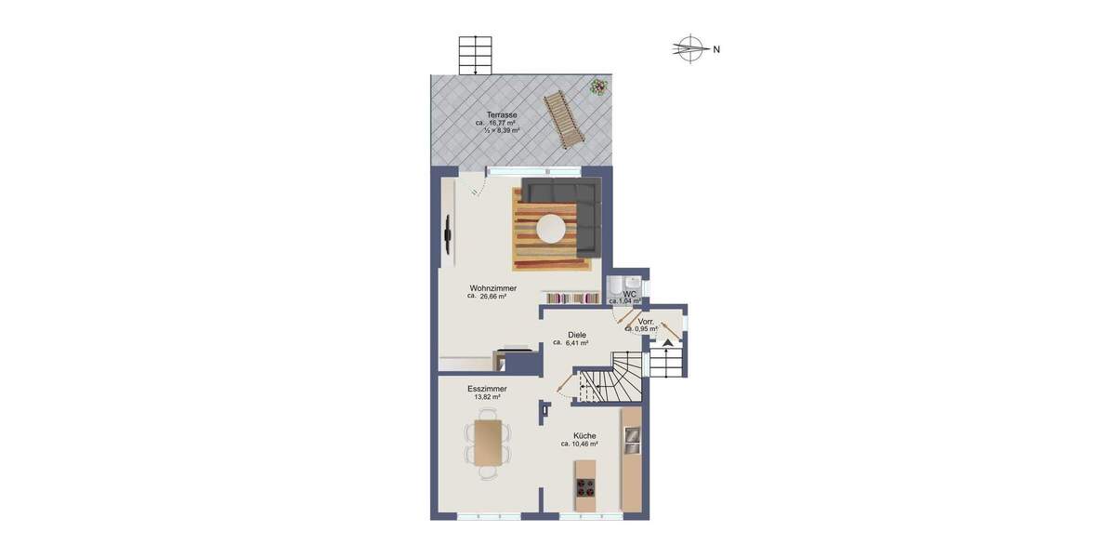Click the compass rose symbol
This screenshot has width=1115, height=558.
[689, 48]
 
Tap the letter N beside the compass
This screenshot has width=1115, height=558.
[716, 49]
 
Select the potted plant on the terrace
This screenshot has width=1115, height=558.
[597, 87]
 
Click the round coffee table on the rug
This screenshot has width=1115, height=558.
[552, 228]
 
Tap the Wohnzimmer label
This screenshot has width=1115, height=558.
[492, 288]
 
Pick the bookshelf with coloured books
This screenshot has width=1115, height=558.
[572, 299]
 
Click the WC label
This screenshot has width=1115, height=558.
[629, 294]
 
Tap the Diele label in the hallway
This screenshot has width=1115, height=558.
[577, 334]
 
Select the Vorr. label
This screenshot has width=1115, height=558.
[646, 321]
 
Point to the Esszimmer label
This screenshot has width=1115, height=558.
[486, 388]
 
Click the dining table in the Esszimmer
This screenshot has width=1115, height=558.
[488, 443]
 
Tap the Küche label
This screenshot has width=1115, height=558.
[584, 435]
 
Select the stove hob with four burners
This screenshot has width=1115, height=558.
[585, 488]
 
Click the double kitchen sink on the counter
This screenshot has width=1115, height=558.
[632, 440]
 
